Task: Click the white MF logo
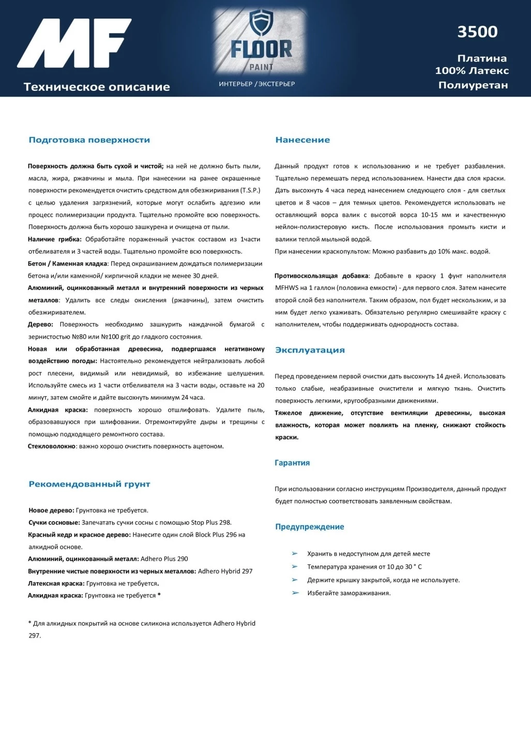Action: (73, 43)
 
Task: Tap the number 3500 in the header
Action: (477, 32)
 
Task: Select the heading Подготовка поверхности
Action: (89, 140)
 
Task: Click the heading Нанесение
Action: (302, 140)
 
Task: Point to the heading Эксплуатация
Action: (310, 350)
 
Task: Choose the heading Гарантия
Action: (292, 463)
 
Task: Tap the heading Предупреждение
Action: (309, 527)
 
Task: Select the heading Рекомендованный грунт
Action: (89, 485)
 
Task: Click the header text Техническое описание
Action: (97, 87)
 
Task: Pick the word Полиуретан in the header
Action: (473, 85)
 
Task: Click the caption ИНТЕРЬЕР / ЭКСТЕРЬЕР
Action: (256, 84)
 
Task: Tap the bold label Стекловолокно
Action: (52, 446)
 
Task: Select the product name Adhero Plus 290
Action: (164, 559)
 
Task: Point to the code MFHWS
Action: (286, 288)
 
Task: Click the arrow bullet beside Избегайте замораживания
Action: (295, 593)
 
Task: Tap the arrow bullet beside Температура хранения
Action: (295, 567)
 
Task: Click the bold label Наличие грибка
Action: (54, 239)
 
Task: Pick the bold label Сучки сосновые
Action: (54, 523)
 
